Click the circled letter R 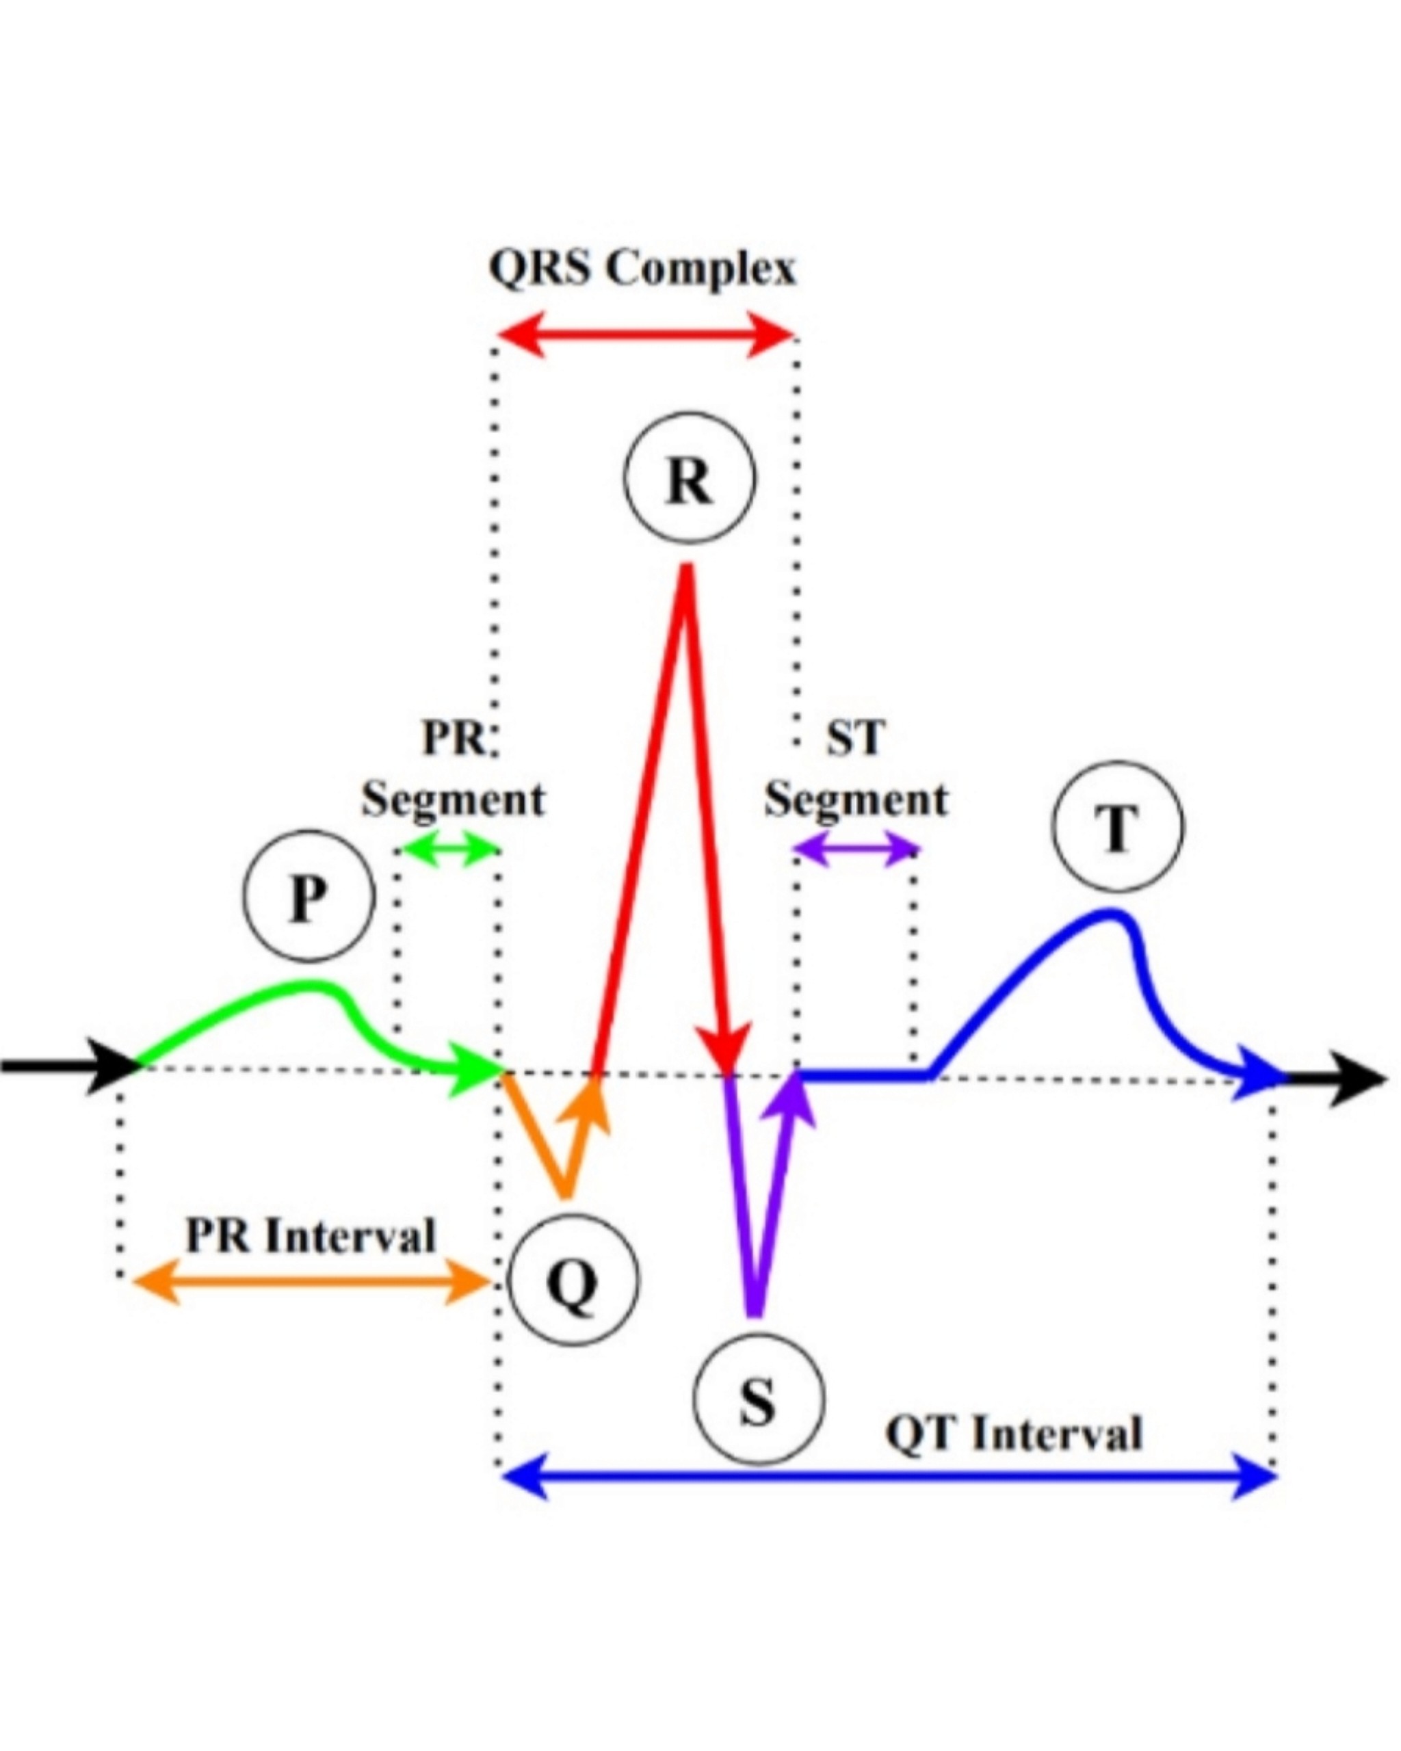coord(689,477)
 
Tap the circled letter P coord(309,896)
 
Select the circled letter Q coord(573,1281)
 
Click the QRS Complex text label coord(642,268)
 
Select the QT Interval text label coord(1014,1433)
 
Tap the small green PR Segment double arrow coord(450,850)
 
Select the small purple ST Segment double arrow coord(856,850)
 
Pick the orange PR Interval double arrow coord(311,1282)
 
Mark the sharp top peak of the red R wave coord(686,568)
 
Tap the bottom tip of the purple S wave coord(755,1313)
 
